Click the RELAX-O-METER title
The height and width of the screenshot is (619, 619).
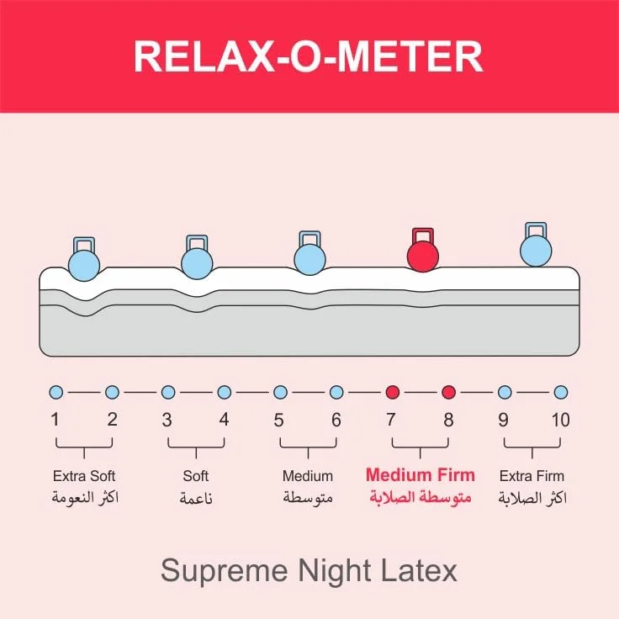309,56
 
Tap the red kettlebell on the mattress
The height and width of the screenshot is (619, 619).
422,254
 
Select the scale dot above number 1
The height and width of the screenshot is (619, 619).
56,392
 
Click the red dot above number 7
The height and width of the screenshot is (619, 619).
392,392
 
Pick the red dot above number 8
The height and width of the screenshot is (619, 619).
448,392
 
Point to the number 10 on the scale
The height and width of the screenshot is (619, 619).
560,419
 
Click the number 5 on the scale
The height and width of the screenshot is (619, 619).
280,419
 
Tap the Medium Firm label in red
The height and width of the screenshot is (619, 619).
420,475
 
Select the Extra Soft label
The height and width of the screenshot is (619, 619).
84,476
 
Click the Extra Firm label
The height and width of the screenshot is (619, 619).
532,476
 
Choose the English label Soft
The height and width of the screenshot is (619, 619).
195,476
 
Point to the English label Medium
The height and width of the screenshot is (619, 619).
308,476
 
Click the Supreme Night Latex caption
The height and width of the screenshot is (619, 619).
309,571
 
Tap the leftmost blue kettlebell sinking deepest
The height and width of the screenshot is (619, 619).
83,263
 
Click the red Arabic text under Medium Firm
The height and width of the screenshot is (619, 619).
420,498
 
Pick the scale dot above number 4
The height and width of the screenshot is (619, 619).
224,392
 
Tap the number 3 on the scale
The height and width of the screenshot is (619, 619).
167,419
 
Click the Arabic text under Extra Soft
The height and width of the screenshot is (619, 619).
84,498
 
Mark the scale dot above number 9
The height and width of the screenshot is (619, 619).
505,392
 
